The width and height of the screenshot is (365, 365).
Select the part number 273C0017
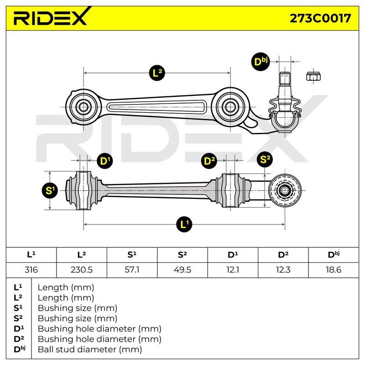pyautogui.click(x=320, y=18)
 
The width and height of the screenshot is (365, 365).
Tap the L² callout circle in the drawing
pyautogui.click(x=157, y=73)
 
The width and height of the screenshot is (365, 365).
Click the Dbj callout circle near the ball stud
pyautogui.click(x=261, y=62)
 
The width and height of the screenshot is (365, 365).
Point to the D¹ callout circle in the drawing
pyautogui.click(x=105, y=161)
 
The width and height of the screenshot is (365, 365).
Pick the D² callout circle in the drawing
pyautogui.click(x=209, y=161)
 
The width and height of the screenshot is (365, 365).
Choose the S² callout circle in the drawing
pyautogui.click(x=265, y=159)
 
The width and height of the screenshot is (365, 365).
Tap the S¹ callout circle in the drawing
pyautogui.click(x=50, y=190)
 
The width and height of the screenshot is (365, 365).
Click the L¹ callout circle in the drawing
pyautogui.click(x=184, y=224)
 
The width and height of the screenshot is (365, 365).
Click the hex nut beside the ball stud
pyautogui.click(x=313, y=76)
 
